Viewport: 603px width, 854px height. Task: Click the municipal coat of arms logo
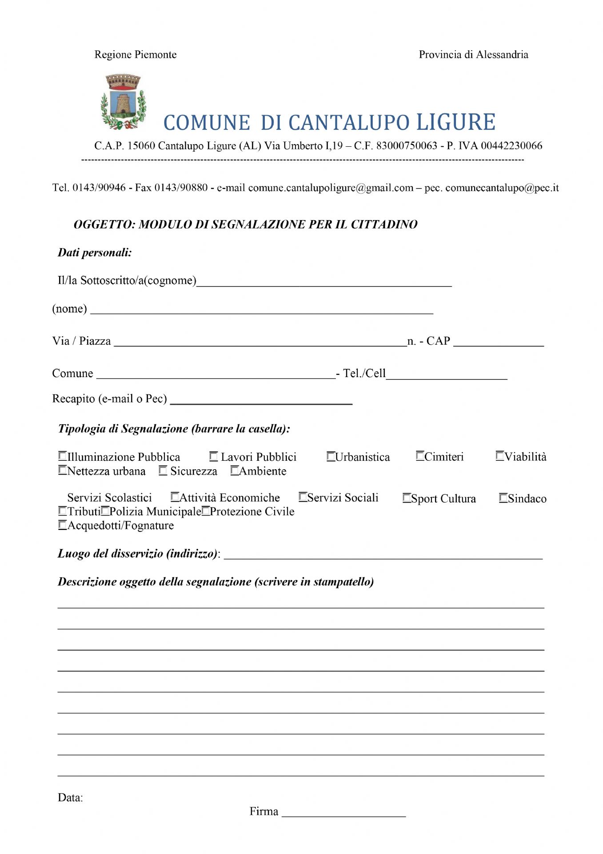pos(123,102)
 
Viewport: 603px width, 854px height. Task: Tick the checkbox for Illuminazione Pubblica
pos(63,456)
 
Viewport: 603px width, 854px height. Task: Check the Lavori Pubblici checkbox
pos(214,456)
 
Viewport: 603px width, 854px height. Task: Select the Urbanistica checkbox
pos(331,456)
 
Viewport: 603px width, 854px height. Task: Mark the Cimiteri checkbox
pos(420,456)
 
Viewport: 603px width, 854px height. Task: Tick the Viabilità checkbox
pos(500,456)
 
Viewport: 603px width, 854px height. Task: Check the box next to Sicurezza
pos(163,471)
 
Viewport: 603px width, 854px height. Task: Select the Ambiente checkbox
pos(235,471)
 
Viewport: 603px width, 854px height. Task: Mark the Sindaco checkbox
pos(503,498)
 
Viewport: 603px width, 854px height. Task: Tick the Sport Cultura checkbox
pos(407,498)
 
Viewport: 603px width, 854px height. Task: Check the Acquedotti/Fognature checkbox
pos(63,525)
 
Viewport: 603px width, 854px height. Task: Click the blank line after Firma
pos(343,814)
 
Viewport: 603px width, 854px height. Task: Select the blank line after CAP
pos(498,343)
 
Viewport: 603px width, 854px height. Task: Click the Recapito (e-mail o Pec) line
pos(261,401)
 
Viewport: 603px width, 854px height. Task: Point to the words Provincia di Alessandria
pos(473,55)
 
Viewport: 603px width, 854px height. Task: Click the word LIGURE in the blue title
pos(455,122)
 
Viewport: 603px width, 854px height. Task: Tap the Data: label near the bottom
pos(70,798)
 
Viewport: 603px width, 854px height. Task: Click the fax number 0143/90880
pos(181,188)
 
